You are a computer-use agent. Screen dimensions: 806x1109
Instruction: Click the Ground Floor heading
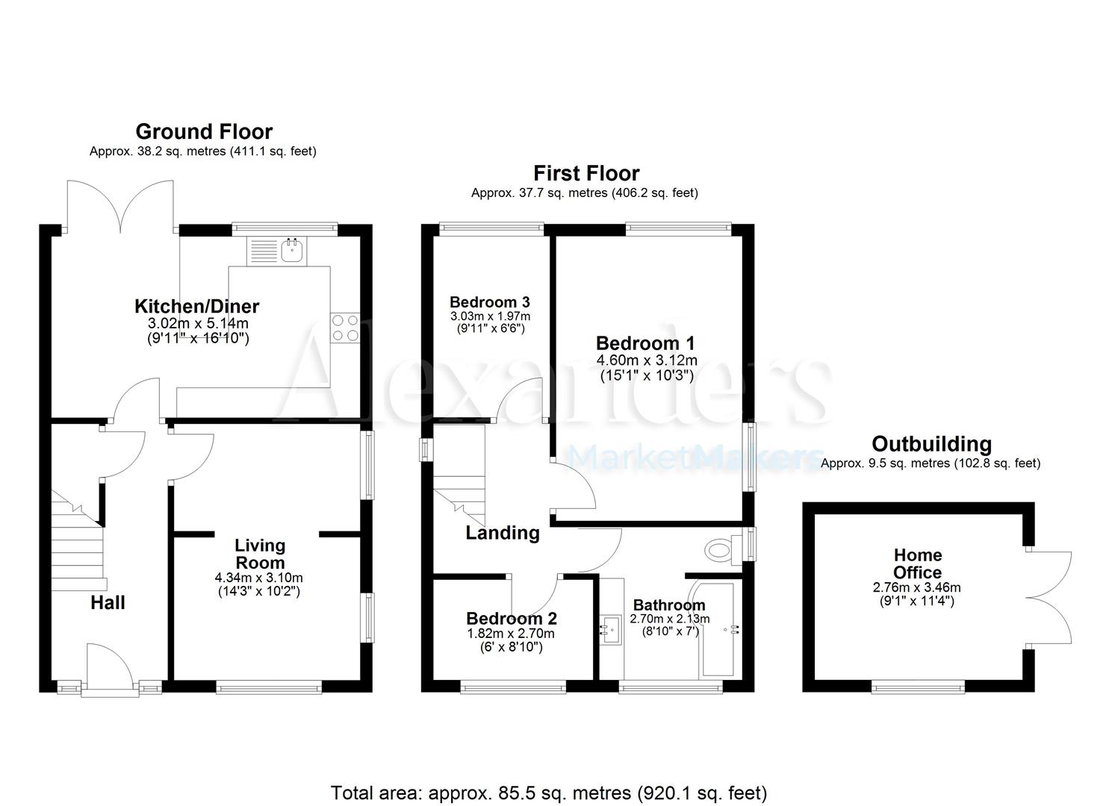point(204,132)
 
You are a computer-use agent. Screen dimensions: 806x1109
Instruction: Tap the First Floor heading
point(586,174)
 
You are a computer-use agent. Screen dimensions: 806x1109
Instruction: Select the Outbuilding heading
point(931,445)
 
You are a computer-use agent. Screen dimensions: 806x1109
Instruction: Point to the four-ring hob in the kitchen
point(346,327)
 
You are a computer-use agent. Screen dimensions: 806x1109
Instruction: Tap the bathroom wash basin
point(611,628)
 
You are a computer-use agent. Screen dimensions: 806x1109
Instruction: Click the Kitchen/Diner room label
point(196,306)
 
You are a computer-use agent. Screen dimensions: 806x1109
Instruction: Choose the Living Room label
point(260,554)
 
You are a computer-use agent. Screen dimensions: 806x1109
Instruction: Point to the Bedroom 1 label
point(645,343)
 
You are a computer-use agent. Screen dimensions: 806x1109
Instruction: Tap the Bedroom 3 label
point(490,302)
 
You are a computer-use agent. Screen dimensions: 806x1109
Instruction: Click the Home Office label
point(918,563)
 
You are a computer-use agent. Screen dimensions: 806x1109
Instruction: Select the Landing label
point(503,533)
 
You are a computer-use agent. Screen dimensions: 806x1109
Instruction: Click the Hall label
point(108,603)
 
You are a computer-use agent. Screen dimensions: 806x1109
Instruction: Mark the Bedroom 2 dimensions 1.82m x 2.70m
point(511,634)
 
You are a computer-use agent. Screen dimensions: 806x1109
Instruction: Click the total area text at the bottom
point(549,792)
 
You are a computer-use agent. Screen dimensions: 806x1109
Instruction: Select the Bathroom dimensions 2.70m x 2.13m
point(670,619)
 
